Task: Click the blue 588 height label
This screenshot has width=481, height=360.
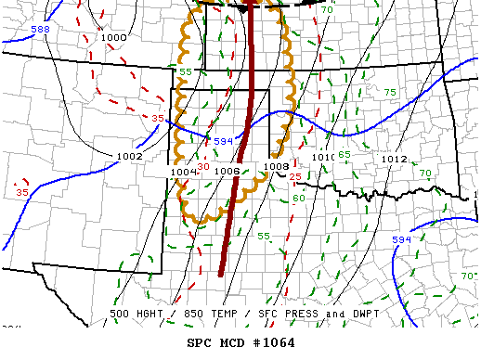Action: click(41, 31)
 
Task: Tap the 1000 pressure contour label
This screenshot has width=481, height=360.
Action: click(114, 38)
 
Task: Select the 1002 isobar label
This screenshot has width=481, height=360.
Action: click(130, 157)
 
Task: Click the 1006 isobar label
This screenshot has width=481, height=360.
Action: click(228, 172)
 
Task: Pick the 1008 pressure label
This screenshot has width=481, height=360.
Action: click(276, 167)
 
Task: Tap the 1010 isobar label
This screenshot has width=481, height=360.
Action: click(323, 159)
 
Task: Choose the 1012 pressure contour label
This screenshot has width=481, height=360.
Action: click(394, 160)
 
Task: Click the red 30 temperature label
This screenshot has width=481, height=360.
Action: click(203, 166)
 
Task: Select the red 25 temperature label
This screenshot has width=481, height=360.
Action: click(294, 176)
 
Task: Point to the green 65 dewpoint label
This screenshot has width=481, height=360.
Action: click(344, 154)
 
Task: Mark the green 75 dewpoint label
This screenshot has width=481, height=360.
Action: click(390, 92)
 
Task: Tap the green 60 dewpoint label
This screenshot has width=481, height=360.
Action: click(298, 199)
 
